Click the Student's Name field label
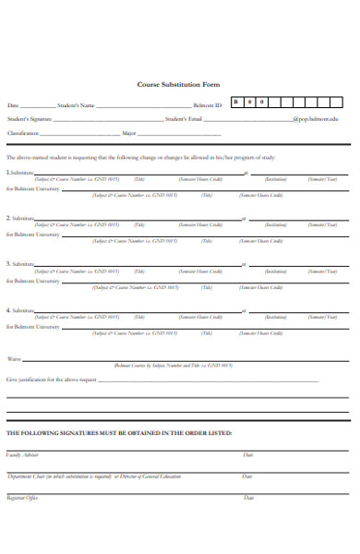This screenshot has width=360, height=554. [x=76, y=105]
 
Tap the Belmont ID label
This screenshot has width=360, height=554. [x=208, y=105]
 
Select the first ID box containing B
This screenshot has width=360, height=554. [x=236, y=102]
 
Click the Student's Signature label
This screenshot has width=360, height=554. [x=29, y=119]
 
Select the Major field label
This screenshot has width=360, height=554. [x=128, y=133]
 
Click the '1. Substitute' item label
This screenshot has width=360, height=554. [x=20, y=173]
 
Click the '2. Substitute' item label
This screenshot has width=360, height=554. [x=20, y=218]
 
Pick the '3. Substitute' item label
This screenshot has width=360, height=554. [x=20, y=264]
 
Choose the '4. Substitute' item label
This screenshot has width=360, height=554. [x=20, y=310]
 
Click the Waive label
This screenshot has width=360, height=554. [x=14, y=358]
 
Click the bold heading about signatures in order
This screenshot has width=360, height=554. [x=119, y=432]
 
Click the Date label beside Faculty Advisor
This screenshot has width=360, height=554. [x=247, y=455]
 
